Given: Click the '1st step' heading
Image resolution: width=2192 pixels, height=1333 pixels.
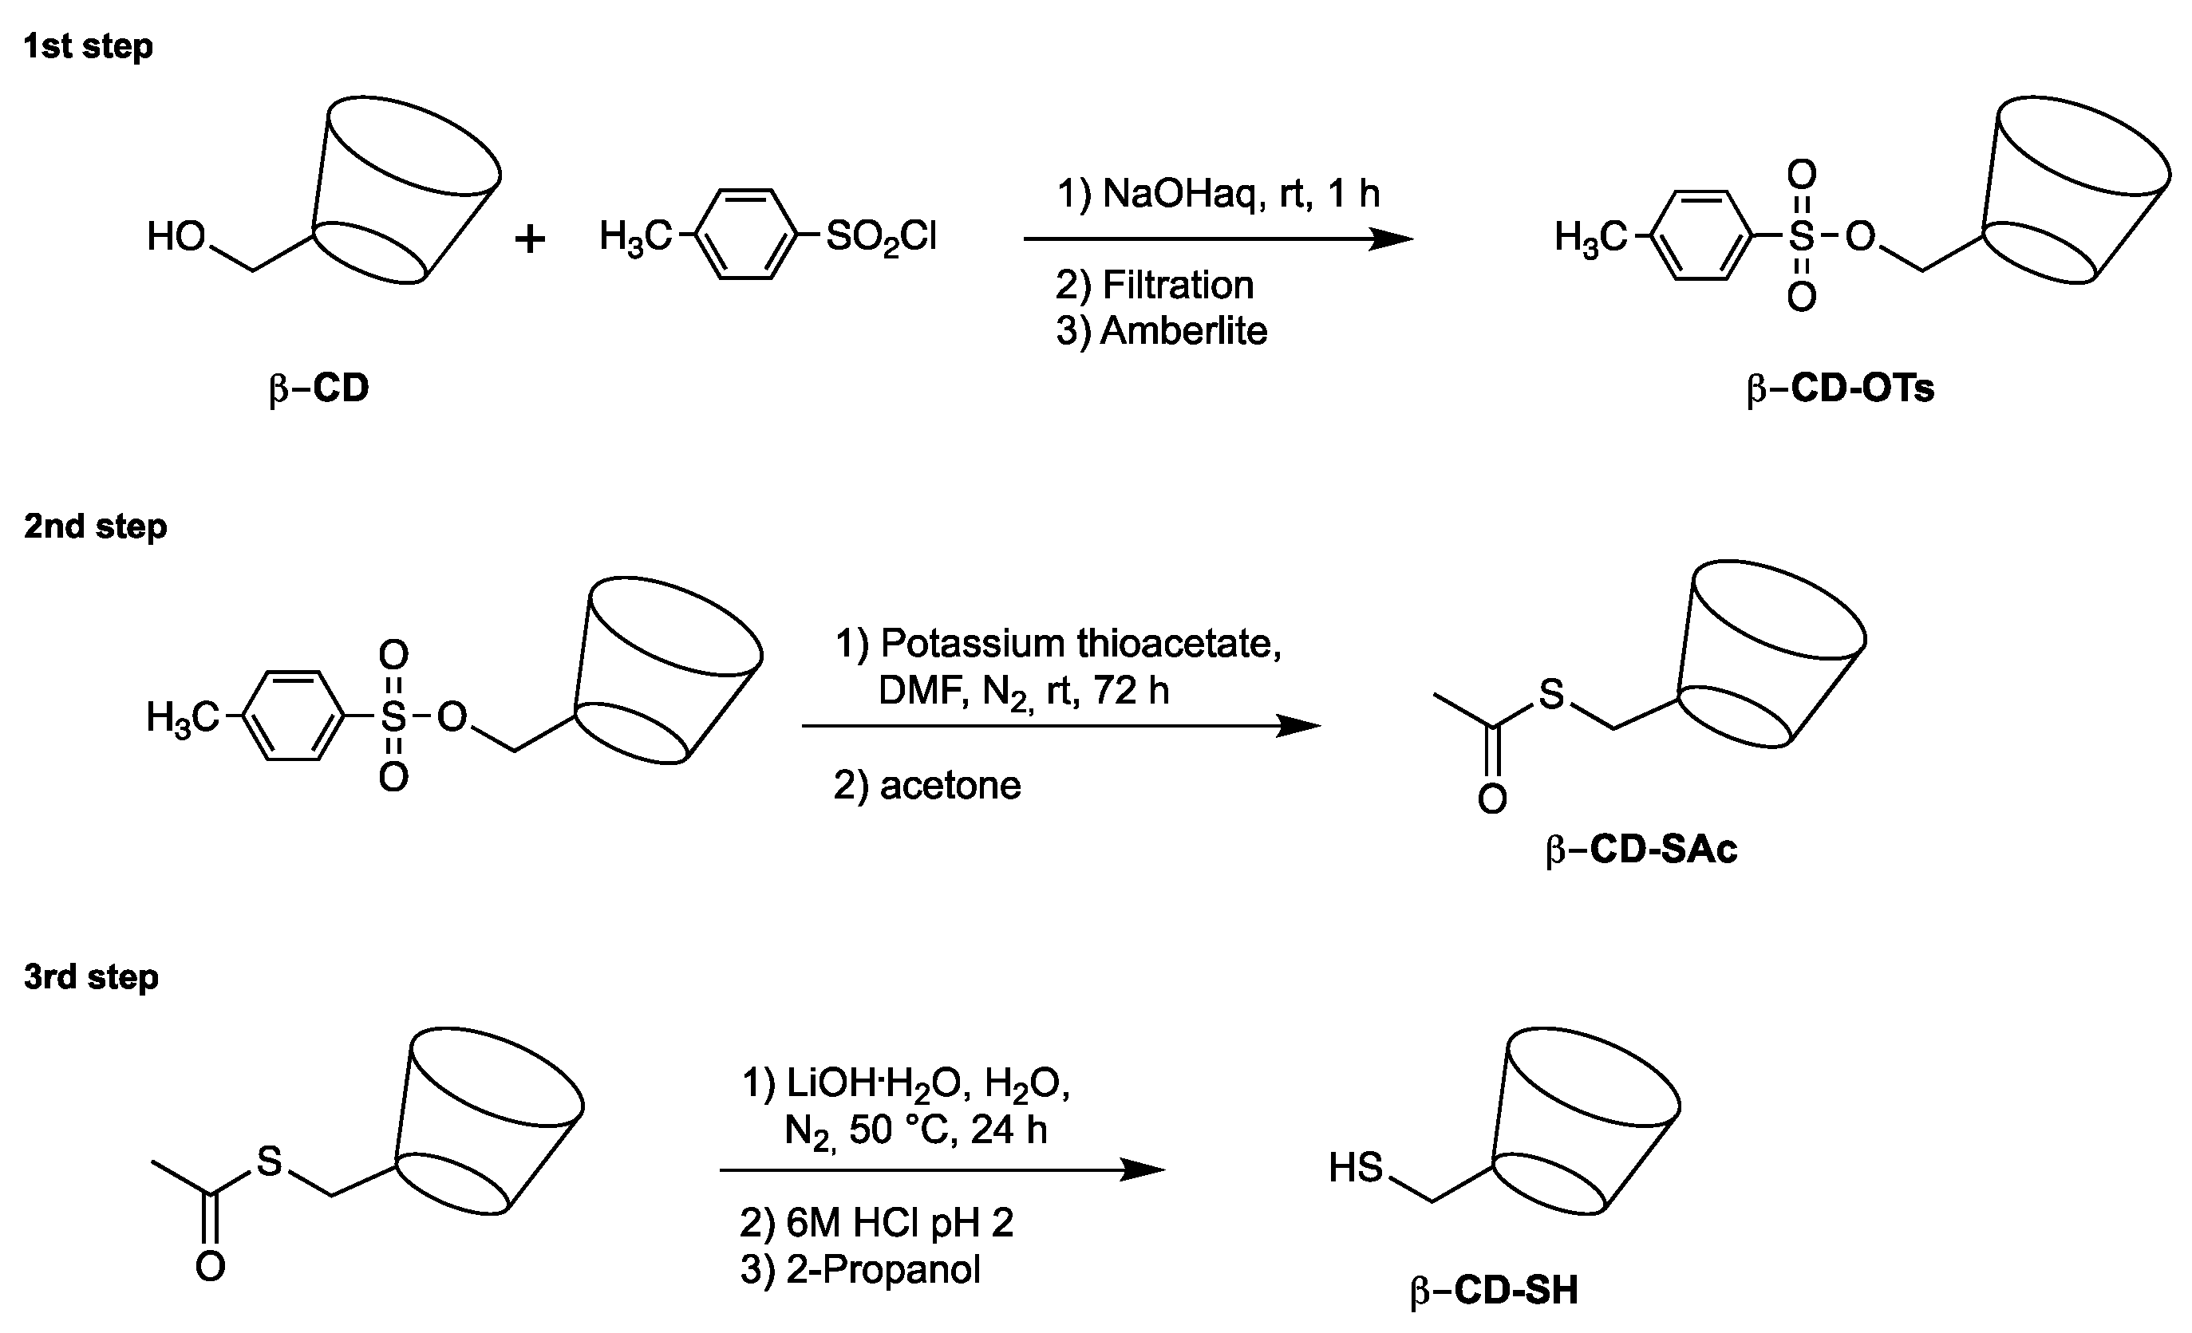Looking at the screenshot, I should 87,46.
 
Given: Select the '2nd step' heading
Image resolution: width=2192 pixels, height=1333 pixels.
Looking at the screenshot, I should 95,526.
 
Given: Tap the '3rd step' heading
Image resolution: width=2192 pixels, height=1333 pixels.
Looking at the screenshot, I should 91,977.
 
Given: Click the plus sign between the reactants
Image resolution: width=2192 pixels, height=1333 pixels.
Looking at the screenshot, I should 530,239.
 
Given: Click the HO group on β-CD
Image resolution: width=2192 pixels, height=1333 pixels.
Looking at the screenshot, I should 176,238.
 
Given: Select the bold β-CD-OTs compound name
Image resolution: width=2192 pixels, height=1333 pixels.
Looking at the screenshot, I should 1840,388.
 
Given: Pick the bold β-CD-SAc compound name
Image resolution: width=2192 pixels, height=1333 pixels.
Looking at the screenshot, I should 1641,850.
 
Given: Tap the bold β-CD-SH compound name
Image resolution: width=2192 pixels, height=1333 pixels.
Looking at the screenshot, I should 1495,1290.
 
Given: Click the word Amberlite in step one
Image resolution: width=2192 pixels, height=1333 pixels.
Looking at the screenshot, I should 1183,332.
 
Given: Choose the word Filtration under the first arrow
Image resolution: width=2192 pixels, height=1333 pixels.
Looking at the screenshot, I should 1178,286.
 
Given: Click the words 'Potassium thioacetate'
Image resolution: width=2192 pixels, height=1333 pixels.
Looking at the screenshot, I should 1080,643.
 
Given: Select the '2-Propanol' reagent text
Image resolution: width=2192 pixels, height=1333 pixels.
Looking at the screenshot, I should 883,1270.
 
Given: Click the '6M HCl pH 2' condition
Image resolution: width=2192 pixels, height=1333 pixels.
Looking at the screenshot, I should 899,1224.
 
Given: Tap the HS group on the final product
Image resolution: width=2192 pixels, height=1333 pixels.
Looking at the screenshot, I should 1356,1168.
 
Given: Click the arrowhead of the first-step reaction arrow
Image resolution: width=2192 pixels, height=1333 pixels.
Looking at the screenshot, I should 1392,239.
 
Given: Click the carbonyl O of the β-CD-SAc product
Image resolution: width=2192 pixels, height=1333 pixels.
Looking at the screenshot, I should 1492,799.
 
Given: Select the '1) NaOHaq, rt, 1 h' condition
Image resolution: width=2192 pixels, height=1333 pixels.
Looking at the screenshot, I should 1218,193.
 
